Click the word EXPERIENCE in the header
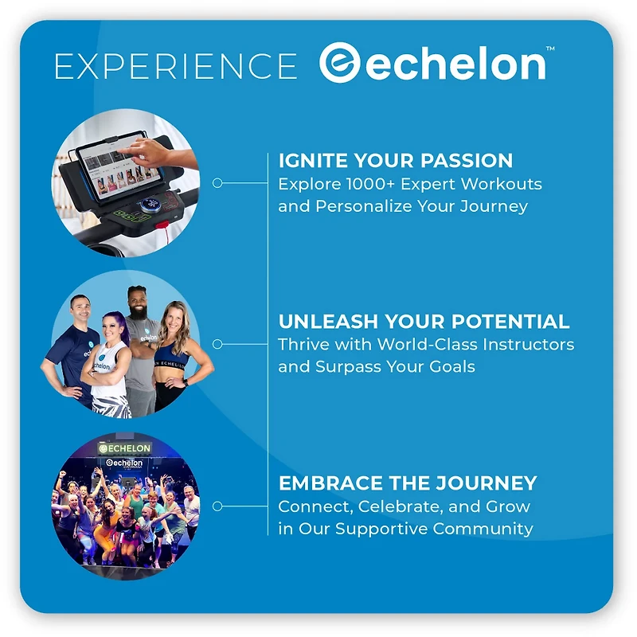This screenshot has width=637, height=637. (175, 66)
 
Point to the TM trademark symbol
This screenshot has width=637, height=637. (550, 49)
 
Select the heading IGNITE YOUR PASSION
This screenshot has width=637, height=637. (395, 161)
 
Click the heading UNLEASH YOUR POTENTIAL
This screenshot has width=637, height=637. (424, 322)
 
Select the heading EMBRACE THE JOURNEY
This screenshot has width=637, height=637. (407, 483)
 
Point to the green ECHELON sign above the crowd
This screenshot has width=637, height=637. (124, 448)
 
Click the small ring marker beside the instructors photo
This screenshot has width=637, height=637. (217, 344)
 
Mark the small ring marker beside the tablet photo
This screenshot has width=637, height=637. (217, 183)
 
